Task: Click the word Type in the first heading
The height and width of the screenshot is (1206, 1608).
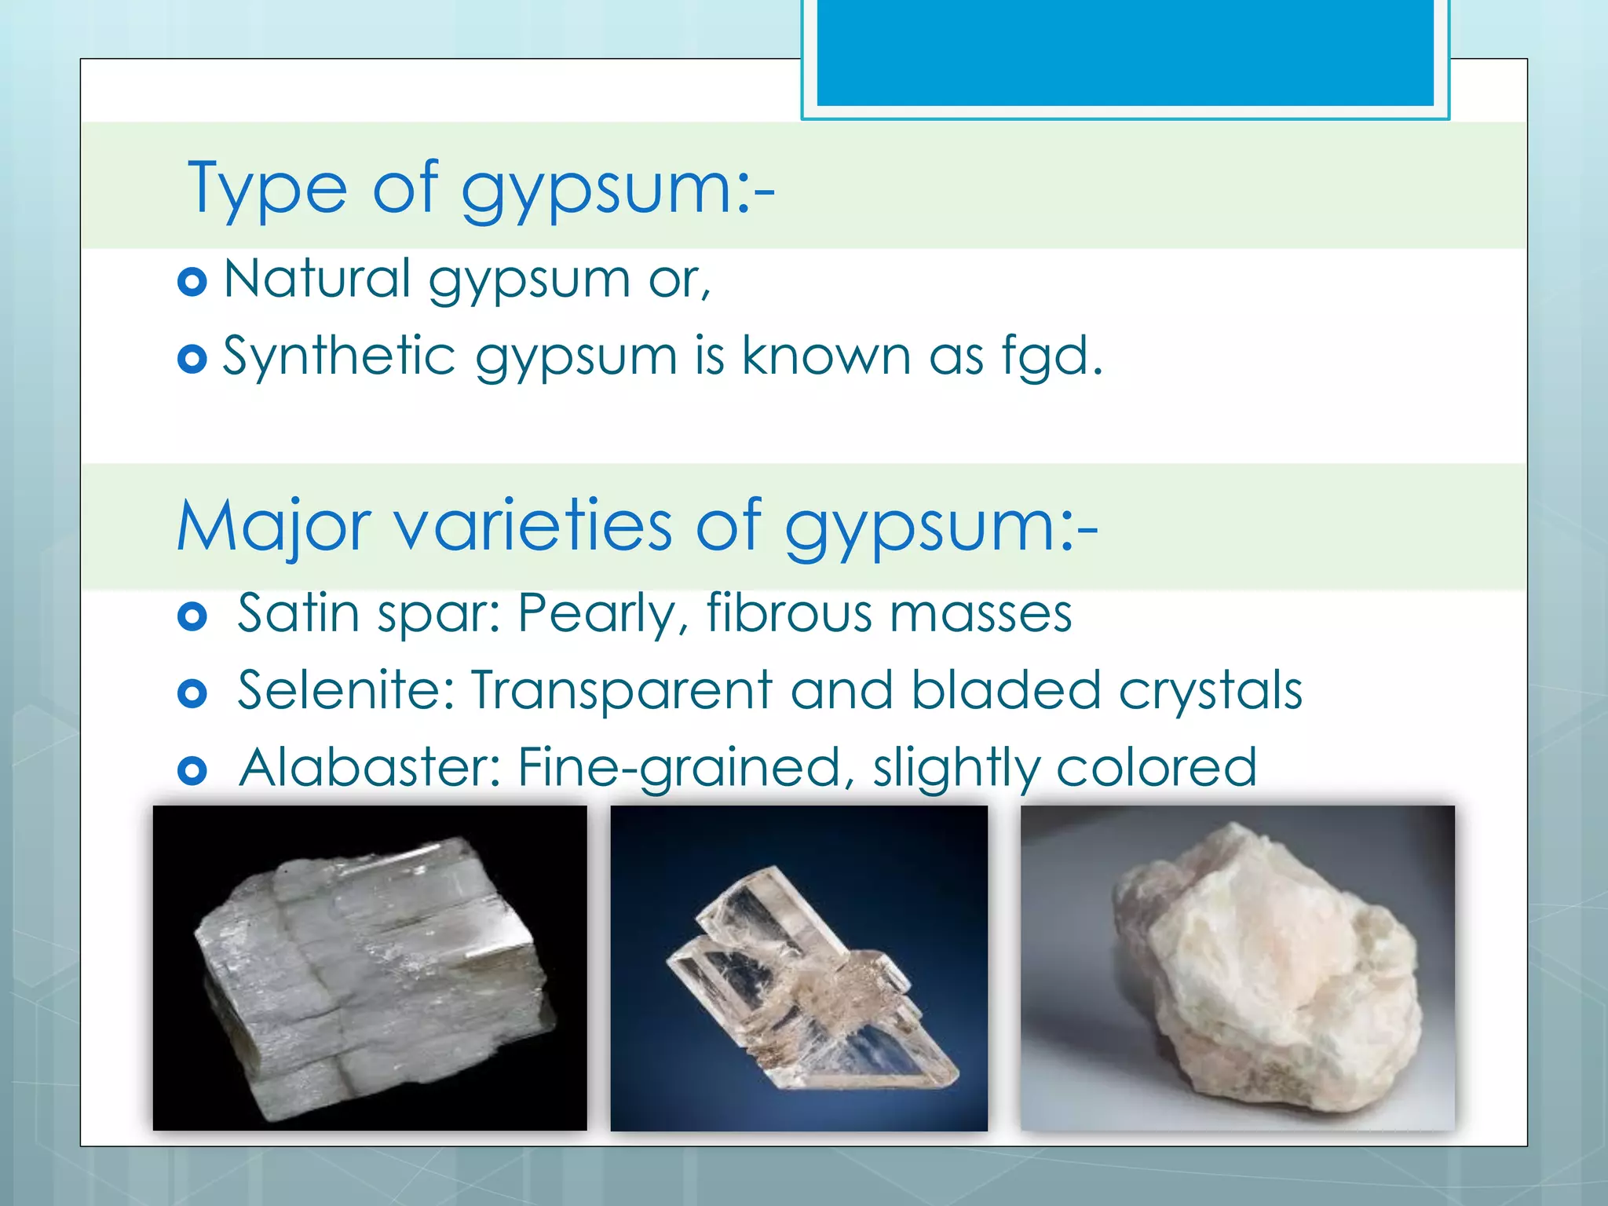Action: point(267,188)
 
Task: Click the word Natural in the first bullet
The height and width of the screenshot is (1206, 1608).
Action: point(317,279)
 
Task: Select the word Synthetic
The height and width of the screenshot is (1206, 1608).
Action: point(339,356)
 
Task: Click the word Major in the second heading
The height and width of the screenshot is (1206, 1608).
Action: point(273,526)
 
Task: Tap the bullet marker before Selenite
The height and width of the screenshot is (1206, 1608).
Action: point(192,693)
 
